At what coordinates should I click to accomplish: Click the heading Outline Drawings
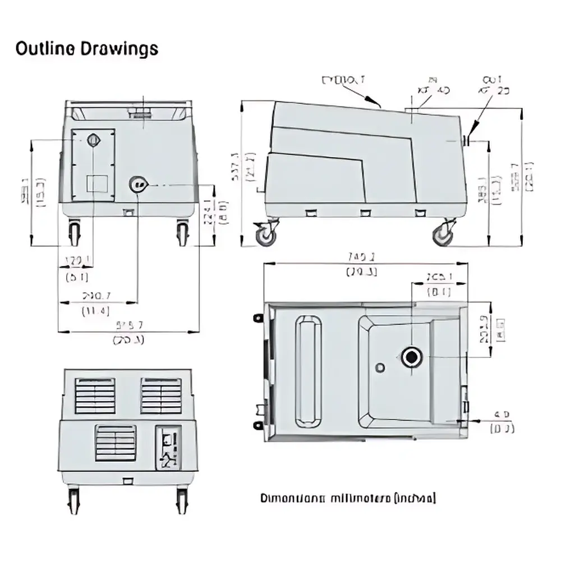pos(86,49)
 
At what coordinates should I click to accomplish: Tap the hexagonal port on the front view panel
pos(93,140)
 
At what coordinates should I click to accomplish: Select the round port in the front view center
pos(138,184)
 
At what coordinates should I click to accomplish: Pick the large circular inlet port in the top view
pos(412,357)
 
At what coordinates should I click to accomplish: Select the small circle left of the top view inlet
pos(380,367)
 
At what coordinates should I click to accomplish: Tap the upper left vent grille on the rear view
pos(95,396)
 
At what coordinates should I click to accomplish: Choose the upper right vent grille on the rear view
pos(161,396)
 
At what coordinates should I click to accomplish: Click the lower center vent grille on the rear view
pos(116,443)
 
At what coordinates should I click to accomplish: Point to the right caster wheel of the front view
pos(183,232)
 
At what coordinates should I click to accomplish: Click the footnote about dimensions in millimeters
pos(348,498)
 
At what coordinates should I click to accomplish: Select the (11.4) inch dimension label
pos(95,311)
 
